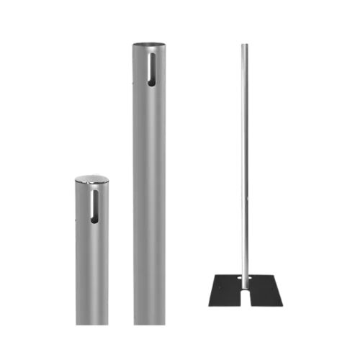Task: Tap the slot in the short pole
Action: pyautogui.click(x=95, y=204)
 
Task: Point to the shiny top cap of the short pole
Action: pyautogui.click(x=90, y=179)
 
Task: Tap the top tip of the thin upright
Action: pyautogui.click(x=244, y=42)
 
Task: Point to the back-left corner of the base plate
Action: pyautogui.click(x=215, y=274)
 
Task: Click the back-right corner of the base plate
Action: pyautogui.click(x=276, y=274)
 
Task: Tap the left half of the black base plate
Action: pyautogui.click(x=225, y=292)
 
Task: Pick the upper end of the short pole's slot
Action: pyautogui.click(x=95, y=192)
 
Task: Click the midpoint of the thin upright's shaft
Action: pyautogui.click(x=244, y=158)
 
